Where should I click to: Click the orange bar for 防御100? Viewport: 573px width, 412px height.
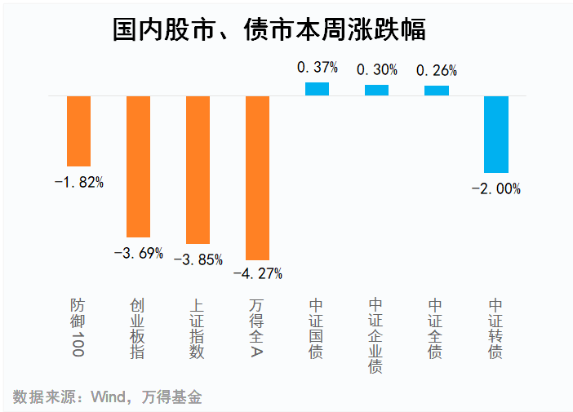[78, 131]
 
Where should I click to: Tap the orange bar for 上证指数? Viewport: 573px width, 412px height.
[198, 170]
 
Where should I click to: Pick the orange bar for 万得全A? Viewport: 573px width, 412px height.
[257, 178]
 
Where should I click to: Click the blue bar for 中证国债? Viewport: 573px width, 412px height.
[317, 89]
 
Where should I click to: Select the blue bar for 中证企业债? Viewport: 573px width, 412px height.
[376, 90]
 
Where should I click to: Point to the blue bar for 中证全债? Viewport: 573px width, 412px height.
[436, 91]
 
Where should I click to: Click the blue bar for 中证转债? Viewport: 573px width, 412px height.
[495, 134]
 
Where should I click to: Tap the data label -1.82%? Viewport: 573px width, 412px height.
[78, 182]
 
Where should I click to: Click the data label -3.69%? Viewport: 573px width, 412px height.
[138, 253]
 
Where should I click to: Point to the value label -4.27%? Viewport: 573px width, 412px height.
[257, 273]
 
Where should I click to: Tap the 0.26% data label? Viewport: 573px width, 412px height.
[436, 71]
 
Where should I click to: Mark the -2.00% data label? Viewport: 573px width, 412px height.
[495, 188]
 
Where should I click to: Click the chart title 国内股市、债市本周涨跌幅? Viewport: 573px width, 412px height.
[269, 30]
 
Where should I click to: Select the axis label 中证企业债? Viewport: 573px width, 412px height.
[375, 334]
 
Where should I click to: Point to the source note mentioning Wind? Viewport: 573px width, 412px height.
[107, 397]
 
